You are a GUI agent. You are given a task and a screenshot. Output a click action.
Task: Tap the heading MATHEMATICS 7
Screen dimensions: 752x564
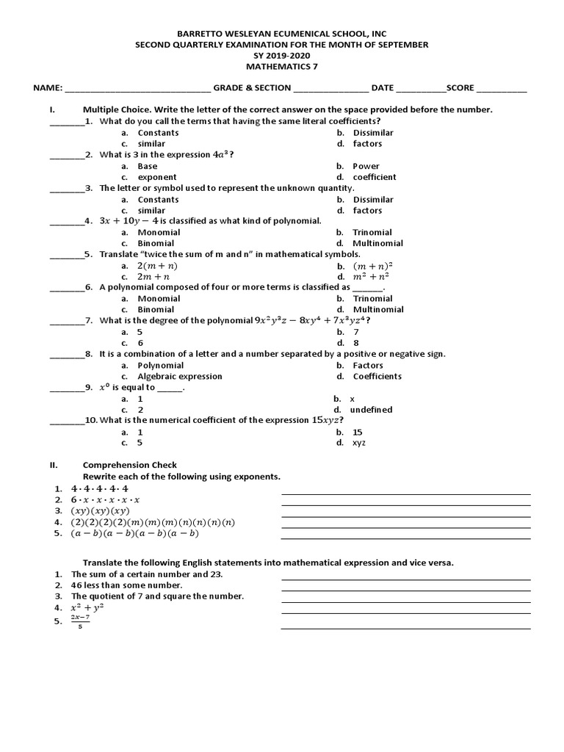click(x=281, y=66)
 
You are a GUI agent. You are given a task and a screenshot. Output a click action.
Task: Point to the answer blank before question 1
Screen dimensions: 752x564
click(x=66, y=122)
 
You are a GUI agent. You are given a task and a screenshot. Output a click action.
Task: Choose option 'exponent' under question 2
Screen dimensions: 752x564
click(x=157, y=177)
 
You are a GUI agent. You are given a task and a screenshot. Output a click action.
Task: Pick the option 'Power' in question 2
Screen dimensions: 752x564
click(x=366, y=166)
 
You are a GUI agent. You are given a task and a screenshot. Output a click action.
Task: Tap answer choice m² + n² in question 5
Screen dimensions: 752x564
click(x=371, y=277)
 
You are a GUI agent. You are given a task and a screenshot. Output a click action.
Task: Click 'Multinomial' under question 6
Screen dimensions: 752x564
click(x=377, y=310)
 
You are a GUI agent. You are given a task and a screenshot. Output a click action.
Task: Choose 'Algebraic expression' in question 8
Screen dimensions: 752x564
click(x=180, y=377)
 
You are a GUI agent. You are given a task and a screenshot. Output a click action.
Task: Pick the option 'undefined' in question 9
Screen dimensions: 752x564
click(x=371, y=410)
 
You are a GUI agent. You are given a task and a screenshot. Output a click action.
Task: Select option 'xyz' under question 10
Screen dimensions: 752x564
click(x=359, y=443)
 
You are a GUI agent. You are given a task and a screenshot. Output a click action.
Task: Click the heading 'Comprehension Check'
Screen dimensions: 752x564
click(x=130, y=465)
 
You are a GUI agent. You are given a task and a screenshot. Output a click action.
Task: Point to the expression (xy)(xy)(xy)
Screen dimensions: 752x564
click(x=101, y=511)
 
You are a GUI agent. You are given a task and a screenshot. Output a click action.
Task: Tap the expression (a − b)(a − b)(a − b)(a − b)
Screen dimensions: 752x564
click(x=135, y=534)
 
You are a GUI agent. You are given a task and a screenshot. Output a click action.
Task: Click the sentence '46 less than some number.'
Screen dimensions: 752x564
click(x=126, y=585)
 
